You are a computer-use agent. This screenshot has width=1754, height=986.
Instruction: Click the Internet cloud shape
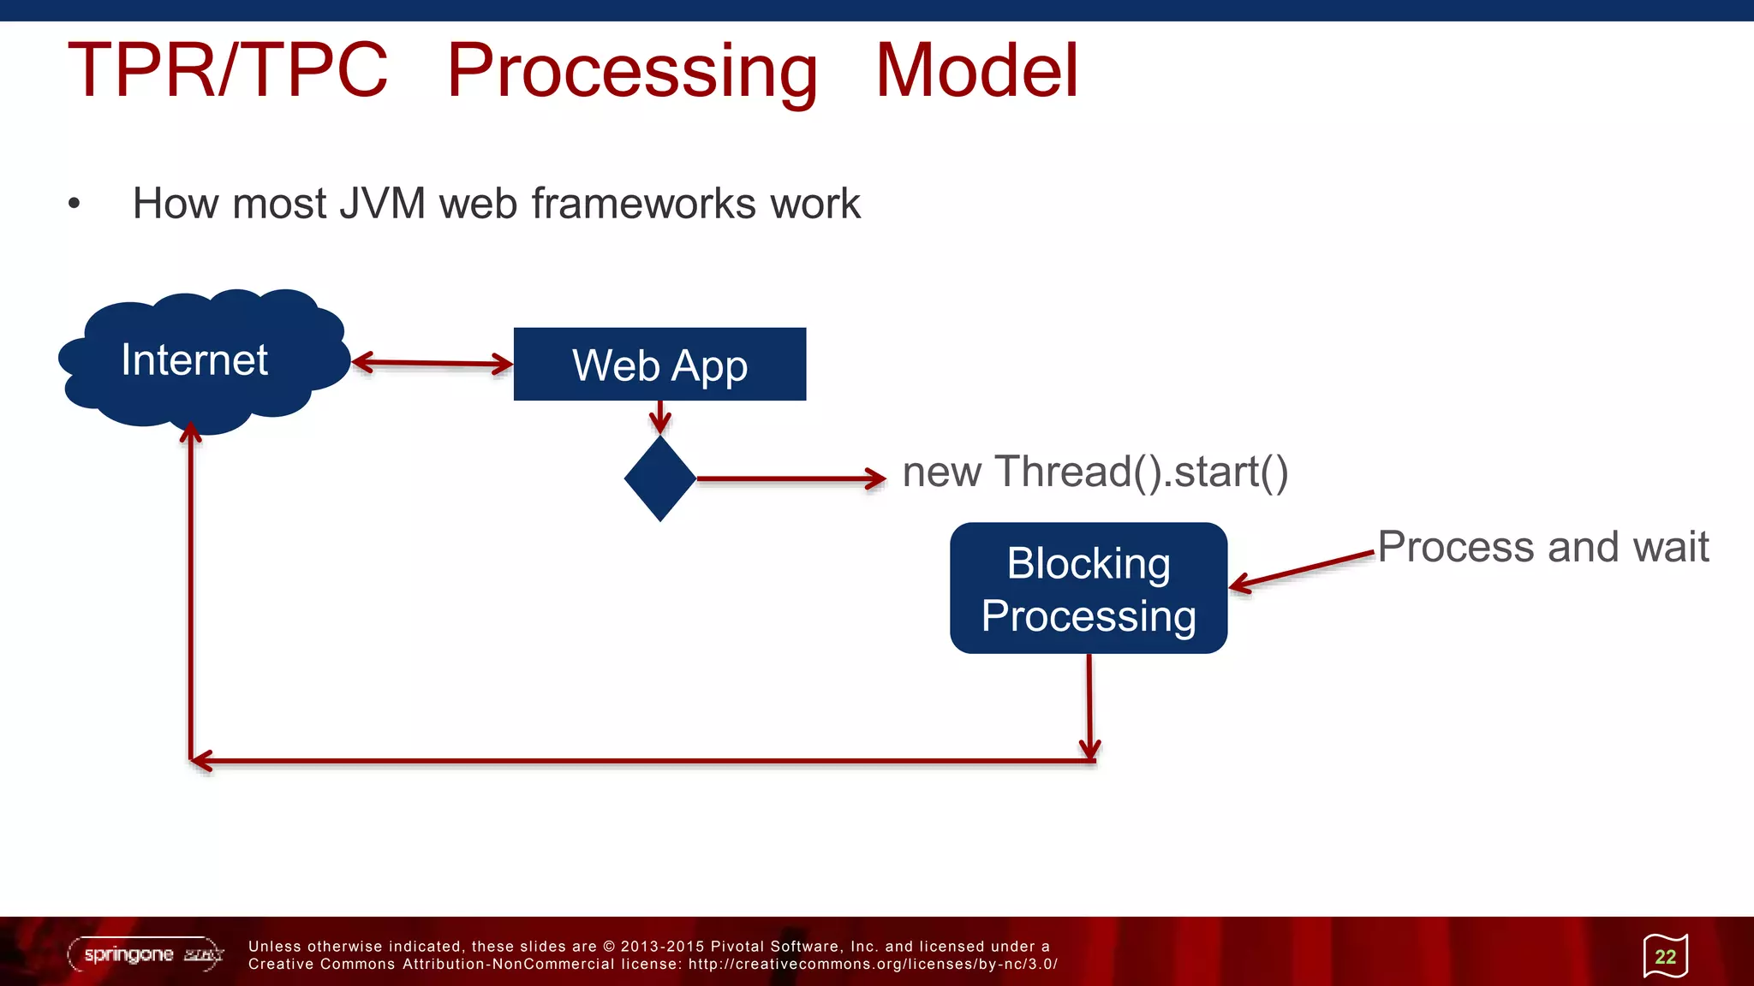click(x=201, y=359)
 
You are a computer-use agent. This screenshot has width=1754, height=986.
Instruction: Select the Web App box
click(x=659, y=365)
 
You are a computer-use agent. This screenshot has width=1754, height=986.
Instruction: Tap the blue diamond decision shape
click(x=660, y=478)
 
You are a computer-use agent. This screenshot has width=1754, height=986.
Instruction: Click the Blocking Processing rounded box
click(x=1089, y=589)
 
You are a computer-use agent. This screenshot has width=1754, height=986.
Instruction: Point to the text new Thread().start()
click(x=1095, y=472)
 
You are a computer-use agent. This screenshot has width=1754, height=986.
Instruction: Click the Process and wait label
click(x=1542, y=547)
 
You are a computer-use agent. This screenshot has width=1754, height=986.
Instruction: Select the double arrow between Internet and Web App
click(x=432, y=363)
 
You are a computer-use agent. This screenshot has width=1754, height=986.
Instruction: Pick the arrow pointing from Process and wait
click(x=1302, y=570)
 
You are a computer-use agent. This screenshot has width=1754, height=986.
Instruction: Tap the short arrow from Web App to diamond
click(x=660, y=417)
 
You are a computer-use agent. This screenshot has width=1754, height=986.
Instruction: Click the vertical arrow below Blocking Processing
click(x=1089, y=706)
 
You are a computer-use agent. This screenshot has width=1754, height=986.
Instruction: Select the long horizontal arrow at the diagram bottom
click(x=642, y=760)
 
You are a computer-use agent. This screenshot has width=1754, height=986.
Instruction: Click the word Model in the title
click(x=976, y=70)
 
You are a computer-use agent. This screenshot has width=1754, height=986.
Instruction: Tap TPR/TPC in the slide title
click(x=228, y=70)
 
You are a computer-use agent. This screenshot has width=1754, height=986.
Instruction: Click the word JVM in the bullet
click(x=382, y=204)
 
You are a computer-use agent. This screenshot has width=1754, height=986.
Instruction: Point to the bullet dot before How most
click(x=75, y=204)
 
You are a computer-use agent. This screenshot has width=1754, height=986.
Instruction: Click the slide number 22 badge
click(x=1665, y=956)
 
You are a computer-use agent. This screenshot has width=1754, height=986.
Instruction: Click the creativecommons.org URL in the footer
click(x=873, y=965)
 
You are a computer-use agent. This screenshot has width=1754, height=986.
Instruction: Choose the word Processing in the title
click(x=632, y=70)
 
